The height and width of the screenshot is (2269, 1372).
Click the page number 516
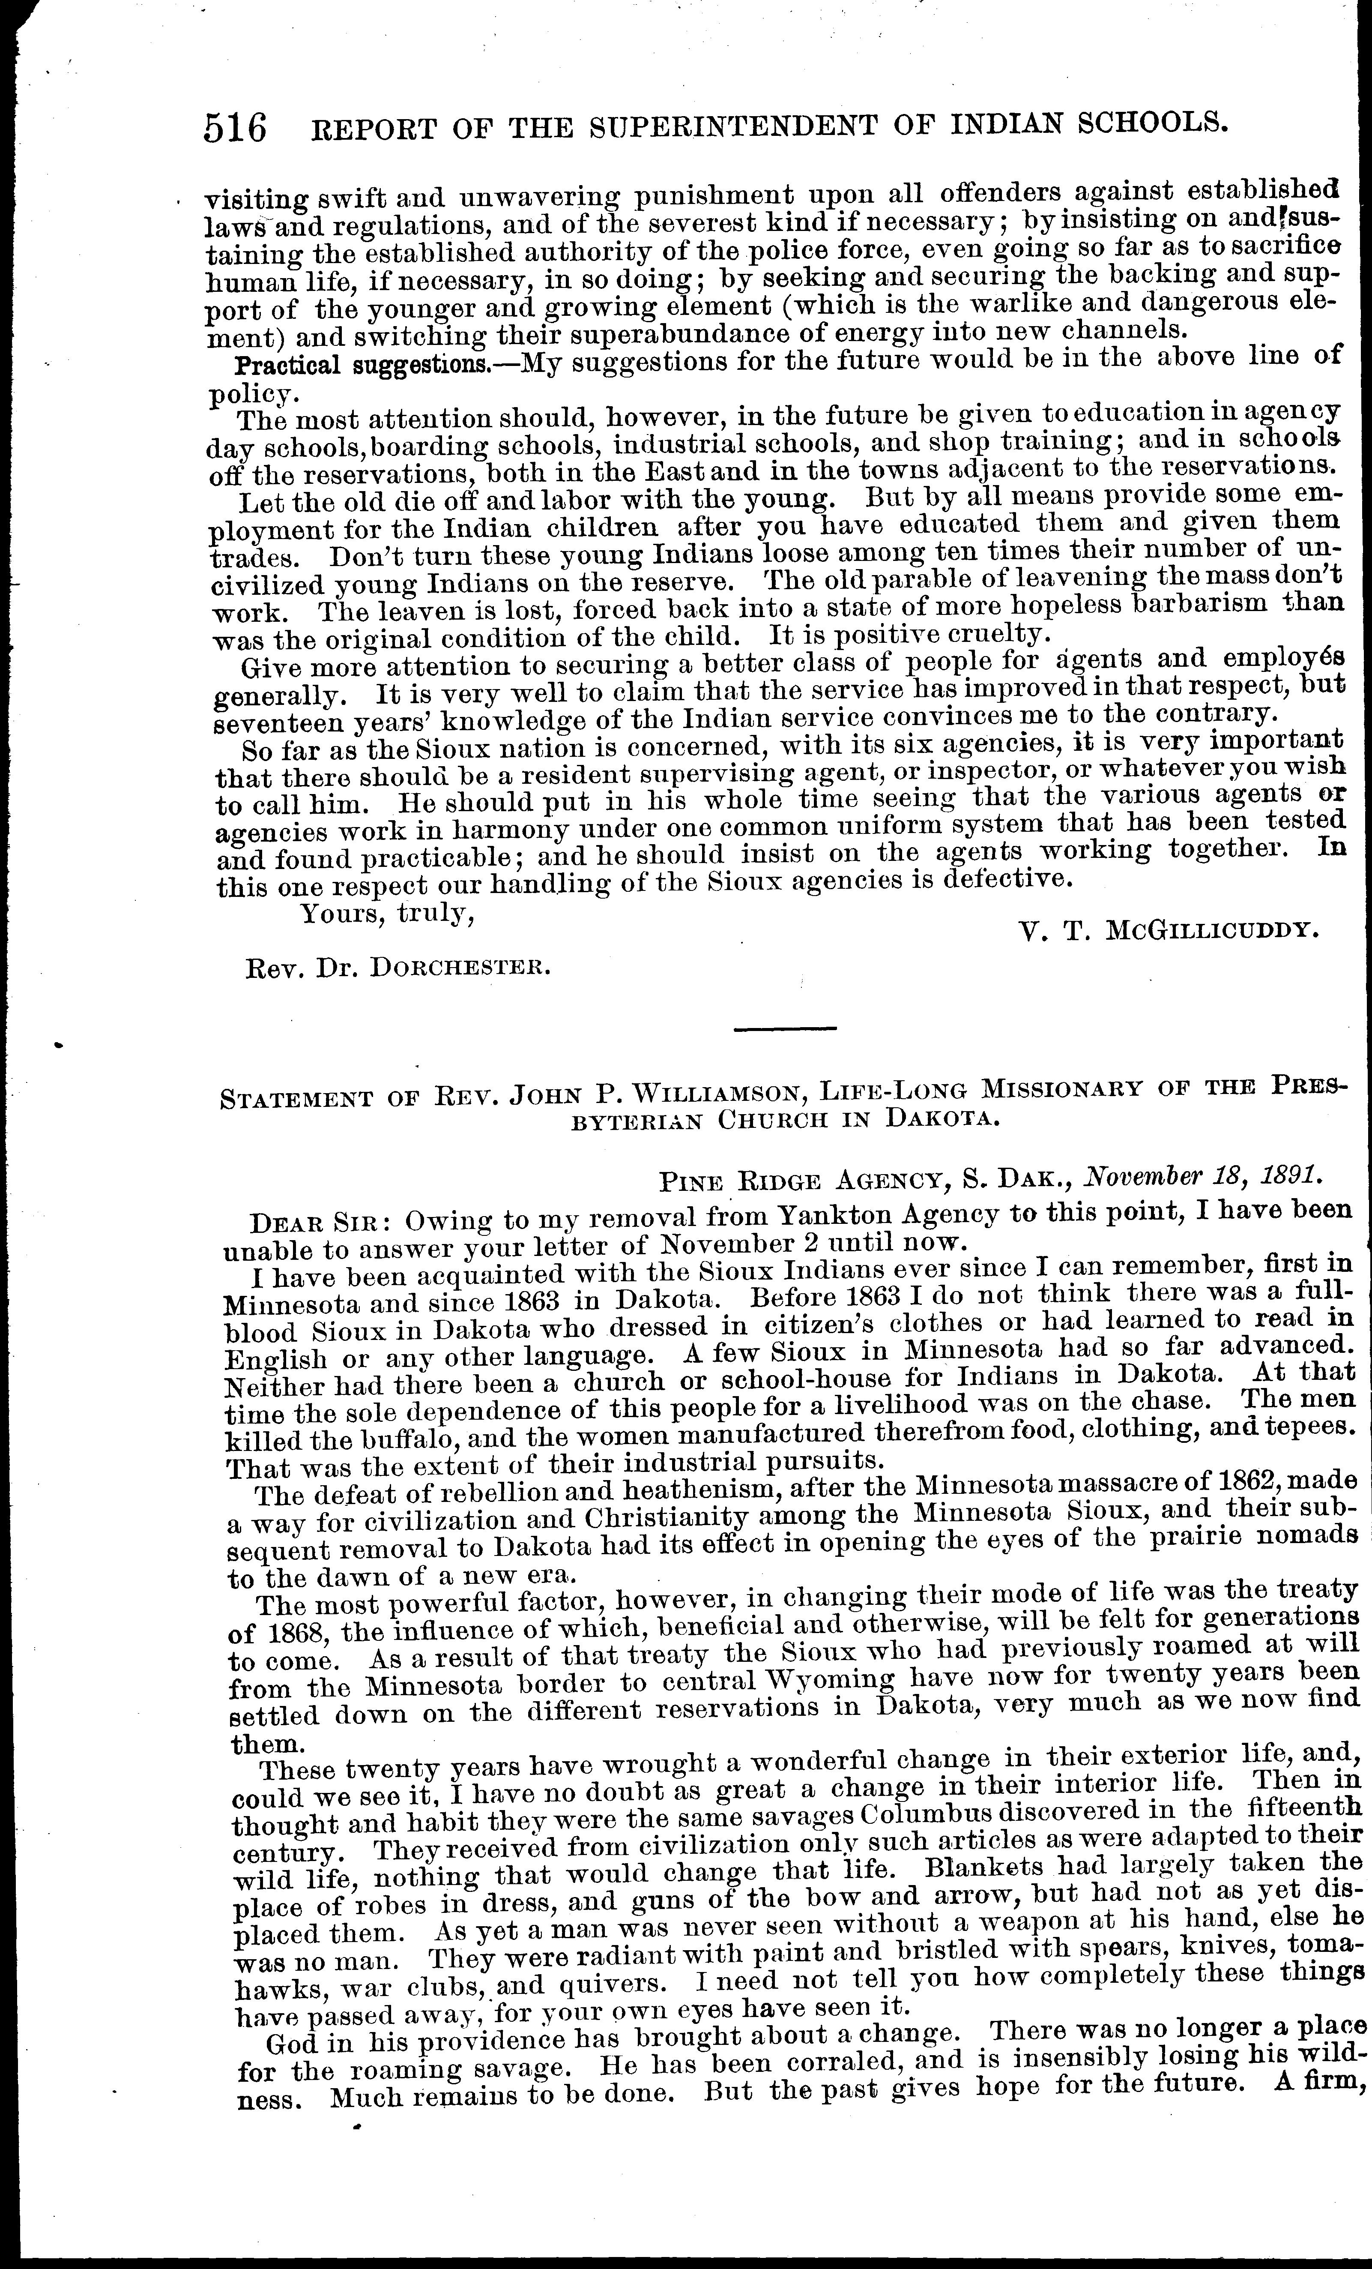pos(236,127)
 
